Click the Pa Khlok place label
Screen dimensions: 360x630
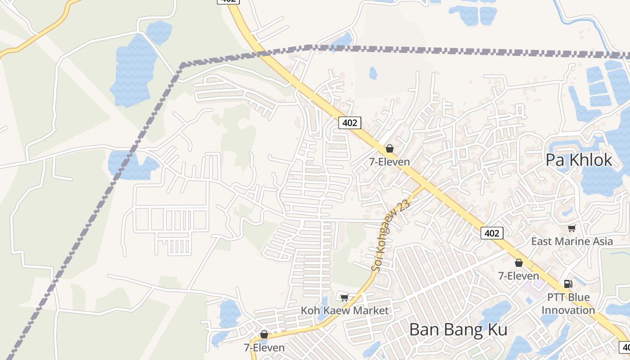(x=579, y=160)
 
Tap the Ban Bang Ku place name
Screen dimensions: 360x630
(x=458, y=329)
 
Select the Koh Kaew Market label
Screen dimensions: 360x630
(x=344, y=310)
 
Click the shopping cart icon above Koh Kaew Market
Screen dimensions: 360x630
(x=344, y=297)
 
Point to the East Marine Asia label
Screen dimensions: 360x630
(x=571, y=241)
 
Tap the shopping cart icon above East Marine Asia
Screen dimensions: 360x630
(x=571, y=229)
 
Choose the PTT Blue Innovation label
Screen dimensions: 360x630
(x=568, y=304)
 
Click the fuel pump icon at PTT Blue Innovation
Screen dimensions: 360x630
(x=568, y=284)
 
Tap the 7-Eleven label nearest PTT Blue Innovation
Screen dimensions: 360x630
(x=518, y=275)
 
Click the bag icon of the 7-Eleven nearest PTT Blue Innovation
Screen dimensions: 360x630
(x=519, y=263)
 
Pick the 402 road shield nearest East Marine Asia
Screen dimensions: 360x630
(x=491, y=233)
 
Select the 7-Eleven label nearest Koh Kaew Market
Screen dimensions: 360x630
(x=264, y=347)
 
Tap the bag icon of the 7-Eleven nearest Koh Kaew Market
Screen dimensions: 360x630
(x=264, y=335)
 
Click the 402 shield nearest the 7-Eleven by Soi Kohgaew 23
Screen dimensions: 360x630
(x=350, y=122)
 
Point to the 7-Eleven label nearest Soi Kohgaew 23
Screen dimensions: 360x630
(x=390, y=162)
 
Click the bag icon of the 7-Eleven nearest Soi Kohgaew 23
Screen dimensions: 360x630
(x=390, y=148)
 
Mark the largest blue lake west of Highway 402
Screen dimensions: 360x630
(x=133, y=70)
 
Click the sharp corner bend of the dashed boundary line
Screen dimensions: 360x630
(x=182, y=66)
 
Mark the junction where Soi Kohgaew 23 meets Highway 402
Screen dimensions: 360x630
(x=424, y=185)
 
